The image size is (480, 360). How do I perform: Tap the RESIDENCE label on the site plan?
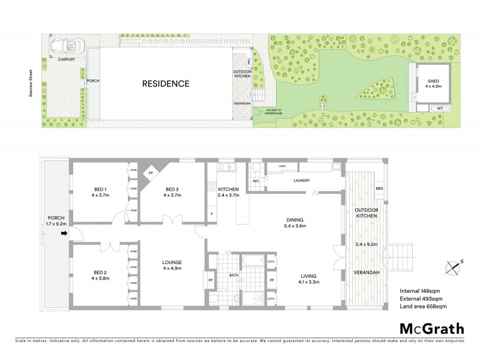click(166, 84)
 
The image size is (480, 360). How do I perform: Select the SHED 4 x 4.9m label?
click(434, 83)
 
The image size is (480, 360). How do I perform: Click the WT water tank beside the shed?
click(439, 108)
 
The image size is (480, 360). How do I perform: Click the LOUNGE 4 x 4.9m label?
click(172, 266)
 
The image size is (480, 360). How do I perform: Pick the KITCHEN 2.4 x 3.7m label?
click(229, 191)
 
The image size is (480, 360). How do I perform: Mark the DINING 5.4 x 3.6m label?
click(295, 223)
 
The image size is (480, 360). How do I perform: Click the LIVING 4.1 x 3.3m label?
click(310, 278)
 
